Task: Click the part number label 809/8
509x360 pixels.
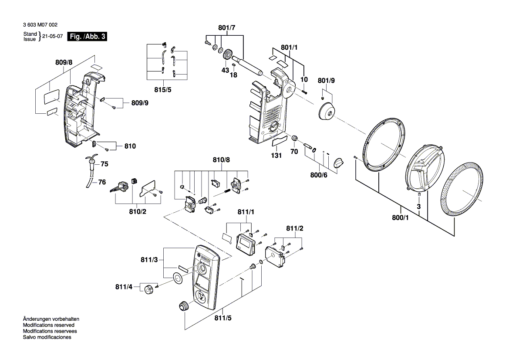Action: coord(64,63)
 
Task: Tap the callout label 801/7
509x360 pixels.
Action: coord(227,28)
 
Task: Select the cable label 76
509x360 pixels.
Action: coord(102,182)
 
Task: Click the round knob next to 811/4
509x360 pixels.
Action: coord(149,289)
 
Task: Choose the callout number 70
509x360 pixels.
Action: coord(294,152)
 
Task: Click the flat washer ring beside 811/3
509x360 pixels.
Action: coord(177,277)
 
